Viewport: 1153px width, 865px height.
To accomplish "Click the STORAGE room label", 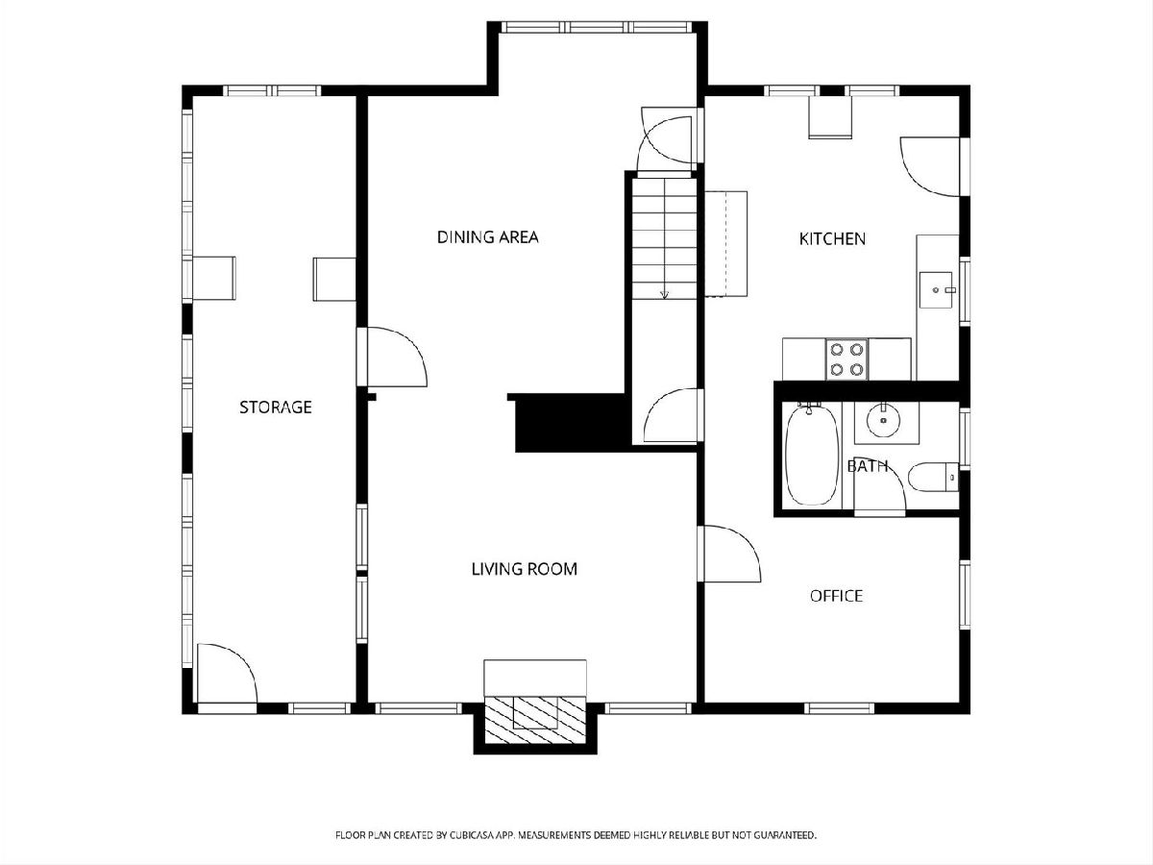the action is [x=275, y=407].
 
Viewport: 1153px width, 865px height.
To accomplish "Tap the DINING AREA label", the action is [x=487, y=236].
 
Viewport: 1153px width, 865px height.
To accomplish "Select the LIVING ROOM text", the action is [x=525, y=569].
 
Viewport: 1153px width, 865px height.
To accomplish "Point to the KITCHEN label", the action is [x=832, y=239].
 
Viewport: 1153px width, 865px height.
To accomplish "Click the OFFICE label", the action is [x=836, y=596].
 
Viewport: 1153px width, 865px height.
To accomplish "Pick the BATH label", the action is [x=868, y=466].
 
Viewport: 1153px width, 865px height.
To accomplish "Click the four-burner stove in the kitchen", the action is [x=846, y=359].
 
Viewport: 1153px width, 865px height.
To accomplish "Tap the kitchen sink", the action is [x=936, y=290].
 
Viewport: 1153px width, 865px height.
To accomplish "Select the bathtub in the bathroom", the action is [x=812, y=456].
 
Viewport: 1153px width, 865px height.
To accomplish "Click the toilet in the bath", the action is [x=934, y=477].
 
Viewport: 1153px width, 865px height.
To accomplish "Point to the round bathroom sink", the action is [x=884, y=421].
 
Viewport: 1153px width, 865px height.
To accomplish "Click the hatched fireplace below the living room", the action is [x=535, y=721].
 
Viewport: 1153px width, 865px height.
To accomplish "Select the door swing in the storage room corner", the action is [x=227, y=673].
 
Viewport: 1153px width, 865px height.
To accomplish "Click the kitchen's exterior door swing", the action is [x=930, y=166].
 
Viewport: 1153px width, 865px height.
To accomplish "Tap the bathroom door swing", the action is [x=879, y=483].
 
